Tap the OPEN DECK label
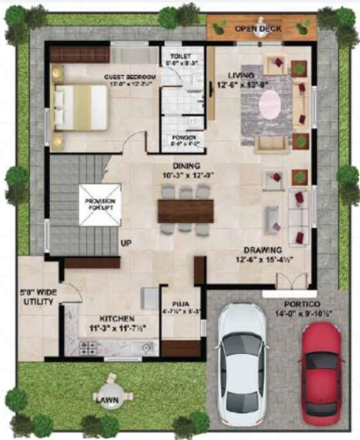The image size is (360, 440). click(x=254, y=29)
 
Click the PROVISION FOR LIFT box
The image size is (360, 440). click(x=99, y=204)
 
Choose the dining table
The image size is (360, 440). click(x=185, y=210)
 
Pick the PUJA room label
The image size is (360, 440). click(x=181, y=303)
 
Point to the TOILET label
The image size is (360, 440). click(x=181, y=56)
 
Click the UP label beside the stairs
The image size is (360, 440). click(x=126, y=244)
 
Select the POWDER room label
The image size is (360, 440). click(x=184, y=137)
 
